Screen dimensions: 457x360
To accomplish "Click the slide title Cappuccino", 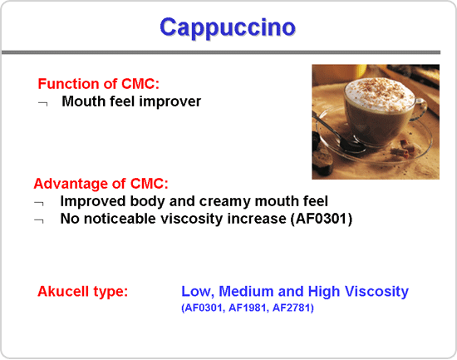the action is (228, 27).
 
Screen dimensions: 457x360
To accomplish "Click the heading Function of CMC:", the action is (99, 84).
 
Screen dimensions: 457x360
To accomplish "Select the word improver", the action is (170, 101).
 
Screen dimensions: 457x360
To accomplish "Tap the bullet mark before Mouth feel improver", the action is (43, 103).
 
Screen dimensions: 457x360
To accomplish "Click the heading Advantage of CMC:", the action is (101, 184).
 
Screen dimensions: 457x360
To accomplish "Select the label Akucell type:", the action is (83, 291).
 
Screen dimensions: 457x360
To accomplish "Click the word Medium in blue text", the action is (246, 291).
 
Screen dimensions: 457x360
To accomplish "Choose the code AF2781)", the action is (293, 308).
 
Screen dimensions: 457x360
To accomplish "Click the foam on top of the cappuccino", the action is (379, 93).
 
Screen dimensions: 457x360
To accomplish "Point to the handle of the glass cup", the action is (419, 109).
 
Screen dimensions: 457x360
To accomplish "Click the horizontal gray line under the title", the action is (221, 52).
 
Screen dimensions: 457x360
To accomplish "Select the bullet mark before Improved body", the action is (39, 203).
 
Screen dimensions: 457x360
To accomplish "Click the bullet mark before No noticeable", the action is (39, 220).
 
